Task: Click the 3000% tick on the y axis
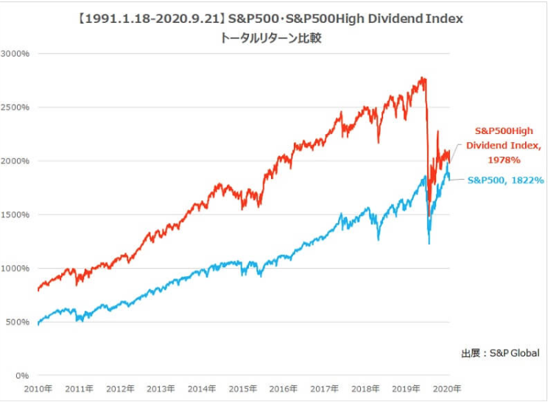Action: pos(15,54)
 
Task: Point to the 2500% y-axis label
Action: pos(15,107)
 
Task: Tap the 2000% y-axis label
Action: pos(15,161)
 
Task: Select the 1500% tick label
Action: pos(15,215)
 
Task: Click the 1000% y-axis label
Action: pos(15,269)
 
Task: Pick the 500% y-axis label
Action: pos(17,322)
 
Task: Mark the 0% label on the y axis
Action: pos(21,375)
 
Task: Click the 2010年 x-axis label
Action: pos(38,389)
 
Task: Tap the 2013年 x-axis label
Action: pos(161,389)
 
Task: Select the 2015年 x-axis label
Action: pos(242,389)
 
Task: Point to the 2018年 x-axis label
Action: pos(365,389)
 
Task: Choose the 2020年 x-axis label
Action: pos(447,389)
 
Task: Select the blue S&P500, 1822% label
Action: pos(506,180)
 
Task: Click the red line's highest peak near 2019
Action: pos(422,77)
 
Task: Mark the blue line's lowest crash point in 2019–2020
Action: pos(429,243)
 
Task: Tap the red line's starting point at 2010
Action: pos(38,289)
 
